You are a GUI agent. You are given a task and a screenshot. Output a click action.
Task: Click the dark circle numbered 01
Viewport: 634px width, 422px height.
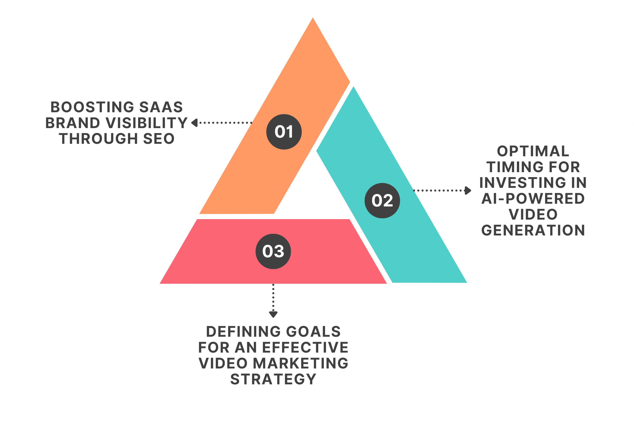click(284, 132)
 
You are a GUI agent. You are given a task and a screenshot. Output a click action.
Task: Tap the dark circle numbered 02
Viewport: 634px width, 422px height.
click(382, 200)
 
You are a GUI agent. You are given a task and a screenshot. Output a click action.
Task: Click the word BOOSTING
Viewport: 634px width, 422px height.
click(92, 107)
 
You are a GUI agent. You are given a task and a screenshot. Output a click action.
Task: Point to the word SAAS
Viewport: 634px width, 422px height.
click(161, 107)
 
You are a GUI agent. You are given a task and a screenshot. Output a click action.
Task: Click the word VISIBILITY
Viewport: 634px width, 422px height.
click(147, 123)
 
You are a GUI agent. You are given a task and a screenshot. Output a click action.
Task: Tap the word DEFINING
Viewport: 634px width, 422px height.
click(244, 332)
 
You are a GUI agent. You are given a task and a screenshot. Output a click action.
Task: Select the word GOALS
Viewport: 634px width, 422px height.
click(313, 332)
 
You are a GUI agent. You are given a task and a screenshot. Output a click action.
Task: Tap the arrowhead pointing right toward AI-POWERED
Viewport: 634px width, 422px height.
click(468, 190)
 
